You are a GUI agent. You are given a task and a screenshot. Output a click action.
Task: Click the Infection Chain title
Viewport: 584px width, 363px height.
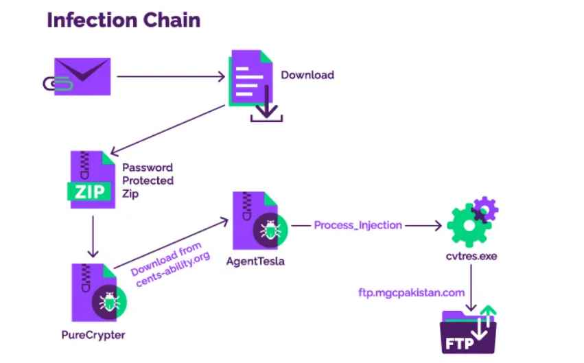[124, 20]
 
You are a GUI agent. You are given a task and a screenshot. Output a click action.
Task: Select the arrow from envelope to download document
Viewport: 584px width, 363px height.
[172, 75]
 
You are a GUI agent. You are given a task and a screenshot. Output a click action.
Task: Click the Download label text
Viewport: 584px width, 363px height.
[307, 74]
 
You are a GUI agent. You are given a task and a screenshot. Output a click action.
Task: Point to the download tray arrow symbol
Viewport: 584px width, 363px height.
[266, 113]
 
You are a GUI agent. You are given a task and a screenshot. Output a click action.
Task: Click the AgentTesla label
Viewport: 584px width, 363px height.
[260, 261]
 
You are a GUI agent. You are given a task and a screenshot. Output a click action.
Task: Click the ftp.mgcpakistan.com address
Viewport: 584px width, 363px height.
[411, 292]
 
